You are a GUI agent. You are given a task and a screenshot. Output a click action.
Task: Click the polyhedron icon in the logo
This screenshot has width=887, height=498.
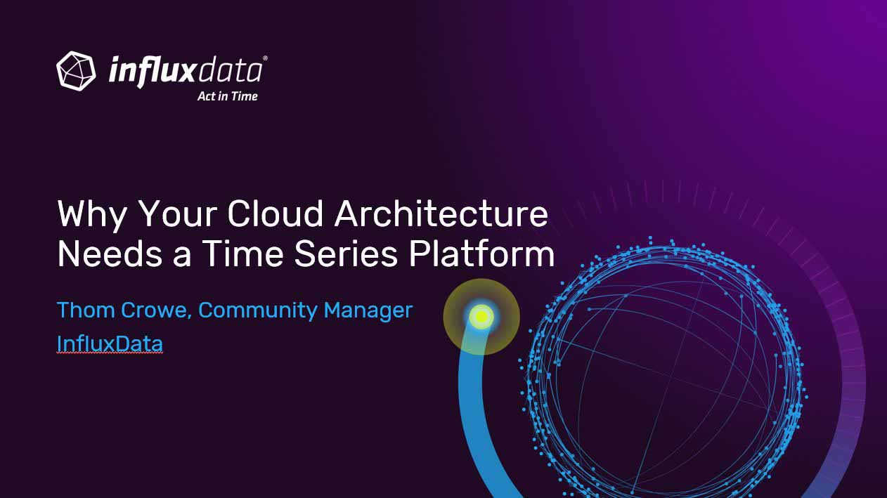point(76,71)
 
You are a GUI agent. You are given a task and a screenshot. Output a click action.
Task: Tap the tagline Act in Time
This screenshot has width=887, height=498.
point(228,96)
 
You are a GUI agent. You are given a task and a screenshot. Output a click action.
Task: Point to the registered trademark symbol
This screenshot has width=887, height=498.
point(265,58)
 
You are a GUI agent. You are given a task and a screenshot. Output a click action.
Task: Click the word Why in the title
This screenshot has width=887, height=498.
point(92,214)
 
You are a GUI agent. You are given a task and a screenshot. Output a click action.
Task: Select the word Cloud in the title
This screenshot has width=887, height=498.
point(275,214)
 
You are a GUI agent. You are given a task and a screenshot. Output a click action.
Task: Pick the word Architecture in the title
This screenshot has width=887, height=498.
point(441,214)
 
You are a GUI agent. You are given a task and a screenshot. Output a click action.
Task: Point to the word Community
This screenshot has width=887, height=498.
point(257,310)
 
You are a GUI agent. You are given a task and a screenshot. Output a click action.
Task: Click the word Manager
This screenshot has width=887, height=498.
point(368,310)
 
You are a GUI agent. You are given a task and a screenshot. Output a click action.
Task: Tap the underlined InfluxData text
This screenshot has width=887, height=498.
point(110,343)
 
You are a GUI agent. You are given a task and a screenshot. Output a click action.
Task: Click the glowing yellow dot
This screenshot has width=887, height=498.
point(481,317)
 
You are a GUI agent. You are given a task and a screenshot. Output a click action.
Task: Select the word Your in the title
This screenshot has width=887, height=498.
point(177,214)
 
